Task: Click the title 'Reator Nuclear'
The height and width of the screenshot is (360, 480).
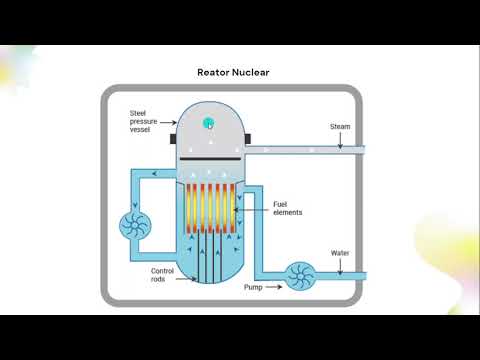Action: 239,72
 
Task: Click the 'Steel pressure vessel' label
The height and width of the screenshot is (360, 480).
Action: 146,121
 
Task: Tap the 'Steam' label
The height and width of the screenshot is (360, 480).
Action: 340,127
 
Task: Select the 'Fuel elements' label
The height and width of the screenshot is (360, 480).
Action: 287,209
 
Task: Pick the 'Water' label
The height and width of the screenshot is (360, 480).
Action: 340,253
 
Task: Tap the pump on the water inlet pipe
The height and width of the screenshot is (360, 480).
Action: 297,274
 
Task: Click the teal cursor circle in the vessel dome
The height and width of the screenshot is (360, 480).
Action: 209,123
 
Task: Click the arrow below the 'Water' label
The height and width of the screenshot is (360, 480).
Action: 340,266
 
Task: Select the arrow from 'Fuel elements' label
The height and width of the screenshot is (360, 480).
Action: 251,208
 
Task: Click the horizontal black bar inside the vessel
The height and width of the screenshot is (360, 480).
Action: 209,158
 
